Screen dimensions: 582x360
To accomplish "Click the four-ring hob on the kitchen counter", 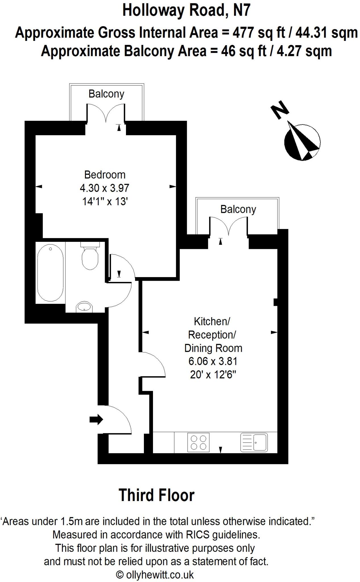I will coord(198,442).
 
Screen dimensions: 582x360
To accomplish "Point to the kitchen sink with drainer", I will coord(254,442).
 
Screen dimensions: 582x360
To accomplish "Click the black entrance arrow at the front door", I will coord(96,419).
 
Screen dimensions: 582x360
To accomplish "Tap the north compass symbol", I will coord(302,141).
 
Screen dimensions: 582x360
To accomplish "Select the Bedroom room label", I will coord(105,174).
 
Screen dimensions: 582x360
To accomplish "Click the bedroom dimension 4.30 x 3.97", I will coord(105,188).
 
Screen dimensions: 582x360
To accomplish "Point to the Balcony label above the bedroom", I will coord(106,94).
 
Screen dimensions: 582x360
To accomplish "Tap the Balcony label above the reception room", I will coord(238,209).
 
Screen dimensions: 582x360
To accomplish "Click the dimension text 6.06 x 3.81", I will coord(213,361).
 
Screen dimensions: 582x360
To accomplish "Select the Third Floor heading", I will coord(156,495).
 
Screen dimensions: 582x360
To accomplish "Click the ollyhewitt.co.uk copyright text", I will coord(155,575).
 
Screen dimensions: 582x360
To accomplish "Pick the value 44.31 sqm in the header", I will coord(326,33).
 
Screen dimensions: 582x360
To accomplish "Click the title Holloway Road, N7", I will coord(186,11).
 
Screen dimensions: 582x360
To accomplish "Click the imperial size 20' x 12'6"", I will coord(213,375).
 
